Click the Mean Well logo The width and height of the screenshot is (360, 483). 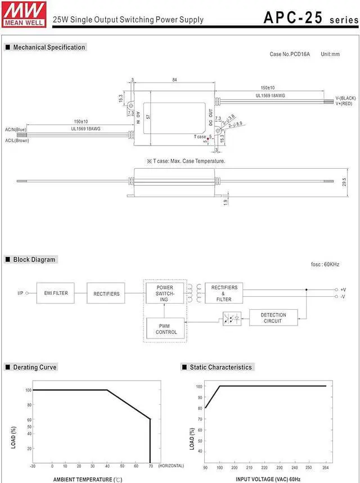click(24, 14)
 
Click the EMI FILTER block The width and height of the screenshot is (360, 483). click(56, 293)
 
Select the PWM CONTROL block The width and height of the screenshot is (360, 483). click(166, 329)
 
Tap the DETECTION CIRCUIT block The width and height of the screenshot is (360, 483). click(273, 318)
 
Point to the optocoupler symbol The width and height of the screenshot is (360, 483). click(232, 318)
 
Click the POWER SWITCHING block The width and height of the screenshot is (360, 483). click(165, 293)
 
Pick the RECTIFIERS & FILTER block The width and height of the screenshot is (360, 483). click(224, 293)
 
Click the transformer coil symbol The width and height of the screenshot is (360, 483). click(195, 293)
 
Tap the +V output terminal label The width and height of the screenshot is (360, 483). click(343, 290)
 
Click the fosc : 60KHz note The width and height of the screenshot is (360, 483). click(325, 264)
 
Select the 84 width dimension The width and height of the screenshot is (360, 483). click(174, 80)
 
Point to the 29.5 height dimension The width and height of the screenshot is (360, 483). click(344, 182)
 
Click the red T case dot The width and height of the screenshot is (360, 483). click(208, 139)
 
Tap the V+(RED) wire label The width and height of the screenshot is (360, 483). click(344, 103)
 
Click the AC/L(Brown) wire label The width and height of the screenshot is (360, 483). click(17, 141)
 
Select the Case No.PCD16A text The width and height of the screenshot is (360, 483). click(290, 54)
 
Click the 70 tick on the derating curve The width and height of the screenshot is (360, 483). click(151, 466)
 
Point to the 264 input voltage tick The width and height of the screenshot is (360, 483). click(326, 468)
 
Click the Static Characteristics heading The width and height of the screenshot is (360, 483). click(220, 367)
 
